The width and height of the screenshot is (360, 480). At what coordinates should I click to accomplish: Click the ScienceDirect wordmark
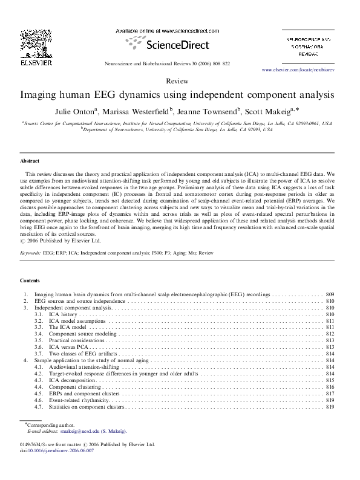pyautogui.click(x=179, y=44)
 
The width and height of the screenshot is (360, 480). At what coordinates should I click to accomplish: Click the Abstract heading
pyautogui.click(x=30, y=161)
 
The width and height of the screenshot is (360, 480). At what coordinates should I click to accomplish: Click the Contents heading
pyautogui.click(x=30, y=281)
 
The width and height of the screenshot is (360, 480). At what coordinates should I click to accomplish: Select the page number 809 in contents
pyautogui.click(x=330, y=294)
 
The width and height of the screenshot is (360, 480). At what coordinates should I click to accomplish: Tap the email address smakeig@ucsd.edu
pyautogui.click(x=79, y=432)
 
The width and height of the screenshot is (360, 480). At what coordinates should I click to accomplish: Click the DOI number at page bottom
pyautogui.click(x=56, y=450)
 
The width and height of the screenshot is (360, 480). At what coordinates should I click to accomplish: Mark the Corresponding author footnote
pyautogui.click(x=47, y=426)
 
